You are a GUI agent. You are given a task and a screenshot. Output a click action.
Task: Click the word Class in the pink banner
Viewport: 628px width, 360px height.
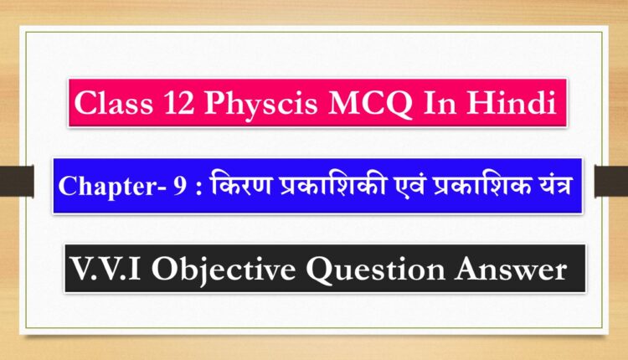113,103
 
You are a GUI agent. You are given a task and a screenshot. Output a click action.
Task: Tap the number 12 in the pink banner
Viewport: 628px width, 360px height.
178,103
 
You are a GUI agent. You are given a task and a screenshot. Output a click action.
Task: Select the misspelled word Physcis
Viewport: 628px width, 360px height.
260,105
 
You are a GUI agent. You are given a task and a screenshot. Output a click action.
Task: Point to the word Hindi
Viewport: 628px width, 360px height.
511,102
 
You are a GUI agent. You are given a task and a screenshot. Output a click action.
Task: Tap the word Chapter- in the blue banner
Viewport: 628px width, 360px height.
111,186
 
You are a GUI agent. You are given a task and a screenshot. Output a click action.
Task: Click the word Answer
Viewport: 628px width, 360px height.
511,269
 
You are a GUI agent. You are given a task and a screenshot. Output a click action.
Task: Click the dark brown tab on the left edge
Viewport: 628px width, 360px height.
17,181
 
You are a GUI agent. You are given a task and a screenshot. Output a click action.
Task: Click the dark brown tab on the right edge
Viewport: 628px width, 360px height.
611,181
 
